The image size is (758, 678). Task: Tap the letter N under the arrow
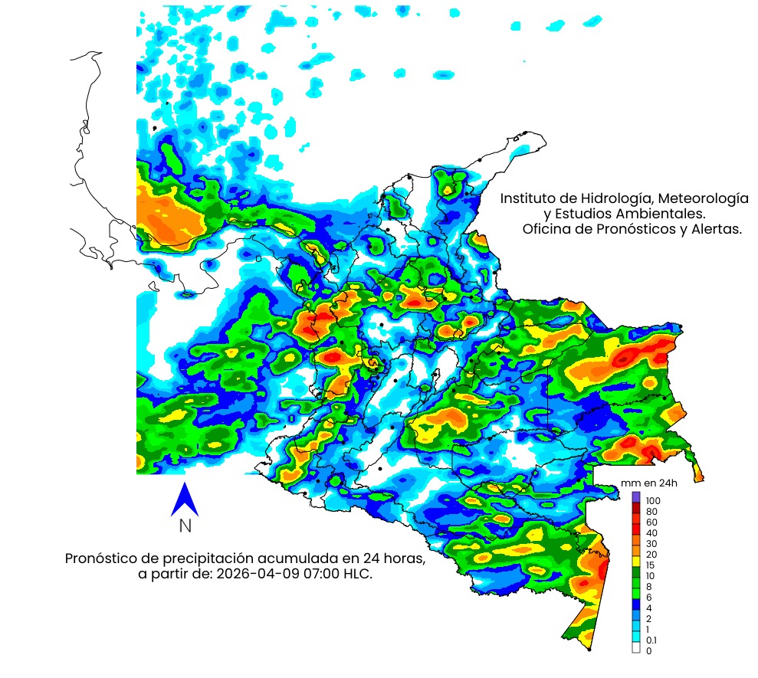pos(185,526)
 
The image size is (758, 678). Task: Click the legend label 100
pos(653,500)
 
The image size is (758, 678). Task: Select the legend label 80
pos(651,511)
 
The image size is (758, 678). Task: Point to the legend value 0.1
pos(651,640)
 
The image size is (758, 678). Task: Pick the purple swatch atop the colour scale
pos(636,496)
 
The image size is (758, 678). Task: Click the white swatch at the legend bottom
pos(636,648)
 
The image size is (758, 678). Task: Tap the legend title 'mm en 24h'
pos(649,483)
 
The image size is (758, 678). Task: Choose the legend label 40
pos(651,532)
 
